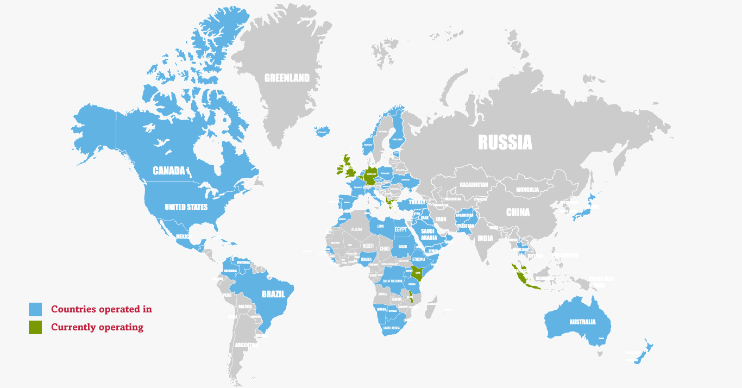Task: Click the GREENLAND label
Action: tap(287, 78)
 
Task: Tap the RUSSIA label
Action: tap(505, 142)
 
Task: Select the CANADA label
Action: tap(169, 171)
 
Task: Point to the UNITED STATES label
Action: tap(186, 207)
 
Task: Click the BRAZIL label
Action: tap(273, 294)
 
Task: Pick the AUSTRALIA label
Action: tap(582, 322)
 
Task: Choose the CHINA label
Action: tap(518, 212)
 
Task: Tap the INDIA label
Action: tap(485, 238)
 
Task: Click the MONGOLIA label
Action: tap(527, 190)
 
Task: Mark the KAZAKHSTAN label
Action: tap(474, 185)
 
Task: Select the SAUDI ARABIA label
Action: tap(429, 234)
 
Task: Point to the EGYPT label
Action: tap(400, 229)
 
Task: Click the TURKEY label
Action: tap(417, 202)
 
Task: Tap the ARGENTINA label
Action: tap(247, 345)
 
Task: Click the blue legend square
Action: tap(35, 309)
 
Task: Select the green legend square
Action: tap(35, 327)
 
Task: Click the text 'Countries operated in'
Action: tap(102, 309)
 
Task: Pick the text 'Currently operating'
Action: tap(97, 327)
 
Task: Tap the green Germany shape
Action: tap(371, 174)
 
